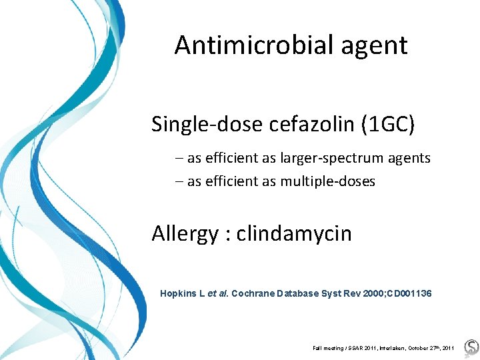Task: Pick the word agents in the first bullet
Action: tap(407, 159)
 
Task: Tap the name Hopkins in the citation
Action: tap(180, 293)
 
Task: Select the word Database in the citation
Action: tap(301, 293)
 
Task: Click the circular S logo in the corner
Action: tap(471, 347)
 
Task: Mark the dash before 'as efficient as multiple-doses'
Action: tap(181, 181)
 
